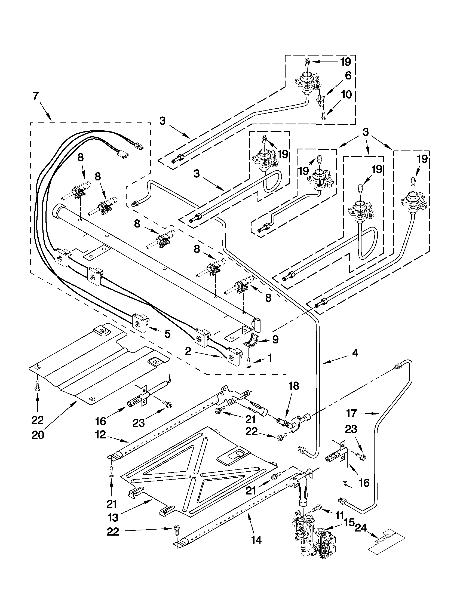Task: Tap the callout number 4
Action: coord(355,353)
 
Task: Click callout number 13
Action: coord(113,517)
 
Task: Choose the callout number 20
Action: coord(38,435)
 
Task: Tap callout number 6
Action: coord(348,76)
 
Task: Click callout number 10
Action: coord(347,95)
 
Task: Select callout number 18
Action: coord(294,386)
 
